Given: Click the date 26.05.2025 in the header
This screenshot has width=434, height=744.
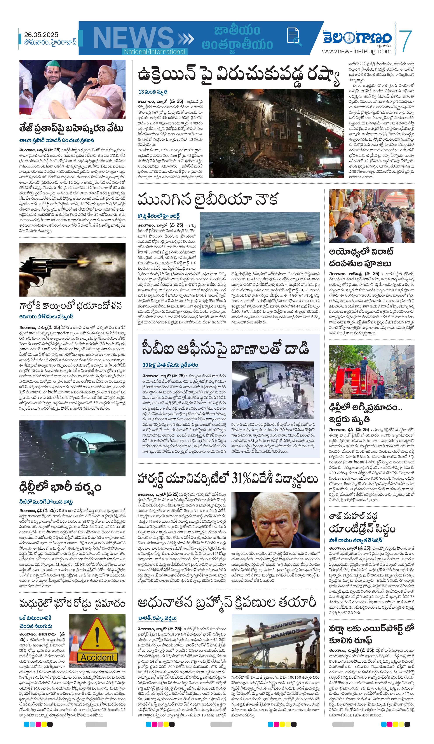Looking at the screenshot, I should pyautogui.click(x=41, y=35).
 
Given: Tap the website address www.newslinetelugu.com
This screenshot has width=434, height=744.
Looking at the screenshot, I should pyautogui.click(x=356, y=51).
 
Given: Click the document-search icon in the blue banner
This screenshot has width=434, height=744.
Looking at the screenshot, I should pyautogui.click(x=294, y=37).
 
